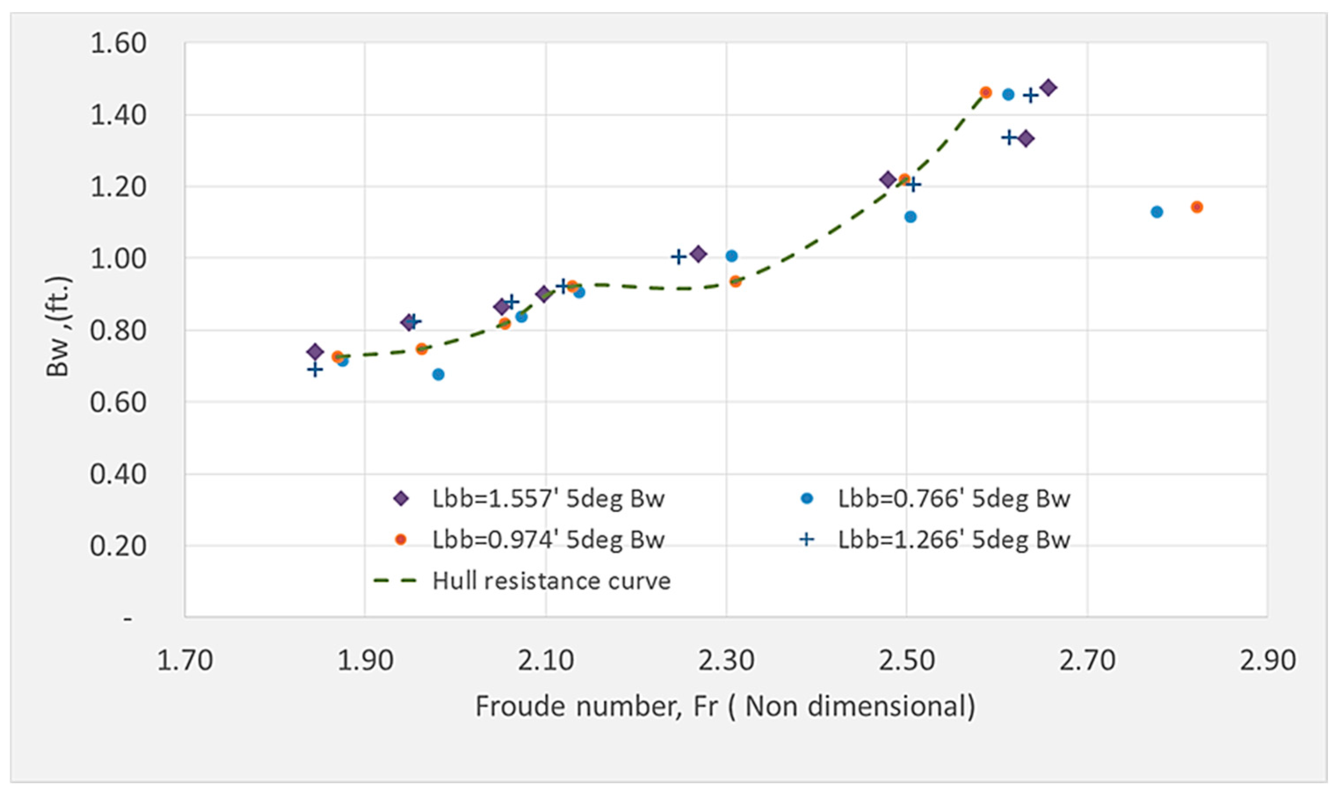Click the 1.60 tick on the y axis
click(118, 43)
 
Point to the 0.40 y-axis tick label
click(118, 474)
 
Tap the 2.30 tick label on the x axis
click(726, 661)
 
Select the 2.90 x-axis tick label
click(1267, 661)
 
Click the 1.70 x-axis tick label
click(184, 661)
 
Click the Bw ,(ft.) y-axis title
click(58, 326)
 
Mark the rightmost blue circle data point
click(1157, 212)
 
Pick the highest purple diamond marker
click(1048, 87)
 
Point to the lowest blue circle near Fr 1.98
click(438, 374)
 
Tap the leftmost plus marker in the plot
click(315, 370)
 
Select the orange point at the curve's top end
click(986, 92)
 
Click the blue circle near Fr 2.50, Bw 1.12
click(911, 217)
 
